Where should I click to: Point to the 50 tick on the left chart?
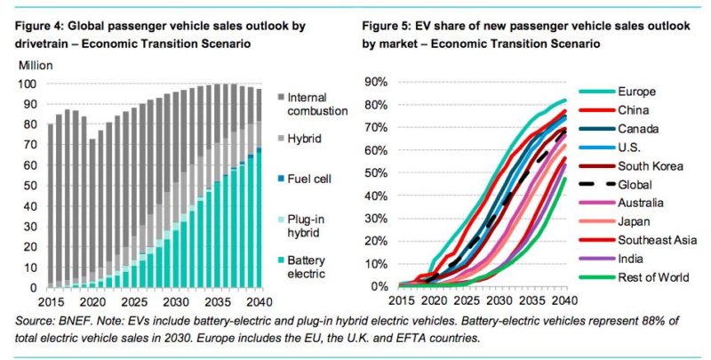point(28,186)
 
